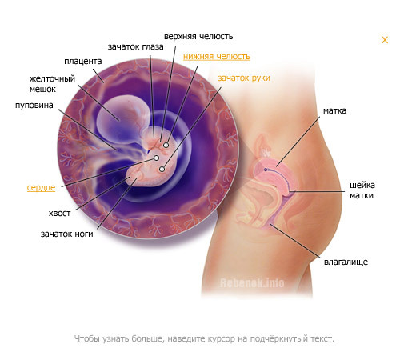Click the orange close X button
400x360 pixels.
pos(385,40)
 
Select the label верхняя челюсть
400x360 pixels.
pos(198,36)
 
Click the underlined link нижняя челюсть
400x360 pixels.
pos(217,57)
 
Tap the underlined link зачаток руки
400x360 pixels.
pos(244,78)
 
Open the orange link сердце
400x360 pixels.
pos(41,188)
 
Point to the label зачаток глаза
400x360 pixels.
pos(136,47)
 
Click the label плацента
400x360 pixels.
pos(83,62)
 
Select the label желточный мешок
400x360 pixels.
pos(52,84)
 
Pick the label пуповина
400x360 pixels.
pos(34,106)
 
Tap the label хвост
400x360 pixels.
pos(59,214)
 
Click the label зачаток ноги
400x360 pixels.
pos(66,234)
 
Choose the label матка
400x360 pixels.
pos(334,110)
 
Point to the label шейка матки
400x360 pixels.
pos(362,190)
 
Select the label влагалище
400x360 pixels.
pos(346,262)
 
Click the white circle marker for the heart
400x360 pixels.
pos(157,158)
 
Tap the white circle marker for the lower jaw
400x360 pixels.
pos(166,146)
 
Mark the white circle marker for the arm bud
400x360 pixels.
pos(162,169)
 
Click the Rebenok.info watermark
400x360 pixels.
pos(252,283)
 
